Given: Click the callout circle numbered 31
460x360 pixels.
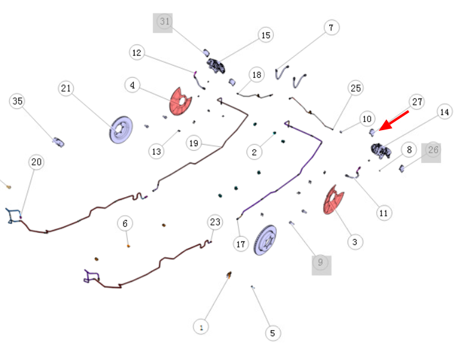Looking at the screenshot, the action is point(164,21).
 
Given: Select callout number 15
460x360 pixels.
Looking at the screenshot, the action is point(266,35).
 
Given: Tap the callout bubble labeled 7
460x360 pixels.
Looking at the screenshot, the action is point(332,27).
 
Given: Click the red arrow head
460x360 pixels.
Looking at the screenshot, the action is point(385,125).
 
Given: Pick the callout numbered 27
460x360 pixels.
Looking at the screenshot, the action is point(417,102).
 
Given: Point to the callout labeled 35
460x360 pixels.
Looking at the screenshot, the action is point(17,101).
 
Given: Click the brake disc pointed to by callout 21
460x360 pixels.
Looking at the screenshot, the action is point(121,130).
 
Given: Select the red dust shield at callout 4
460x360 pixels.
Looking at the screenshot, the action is point(180,102).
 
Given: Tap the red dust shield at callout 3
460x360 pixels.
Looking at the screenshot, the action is point(333,200).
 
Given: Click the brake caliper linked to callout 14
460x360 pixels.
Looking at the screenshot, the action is point(381,151).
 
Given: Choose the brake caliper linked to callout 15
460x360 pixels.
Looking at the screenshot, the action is point(217,66).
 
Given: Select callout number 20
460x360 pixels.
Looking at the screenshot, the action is point(37,162).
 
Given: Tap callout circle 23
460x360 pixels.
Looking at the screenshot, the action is point(215,222).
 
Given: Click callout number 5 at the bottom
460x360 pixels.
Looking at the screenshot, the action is point(273,333).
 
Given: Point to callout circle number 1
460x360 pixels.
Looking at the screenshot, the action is point(201,327).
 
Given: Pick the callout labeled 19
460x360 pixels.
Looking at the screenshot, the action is point(193,144).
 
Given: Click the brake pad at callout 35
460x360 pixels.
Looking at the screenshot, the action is point(58,142).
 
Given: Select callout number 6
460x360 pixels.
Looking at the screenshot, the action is point(125,223).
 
